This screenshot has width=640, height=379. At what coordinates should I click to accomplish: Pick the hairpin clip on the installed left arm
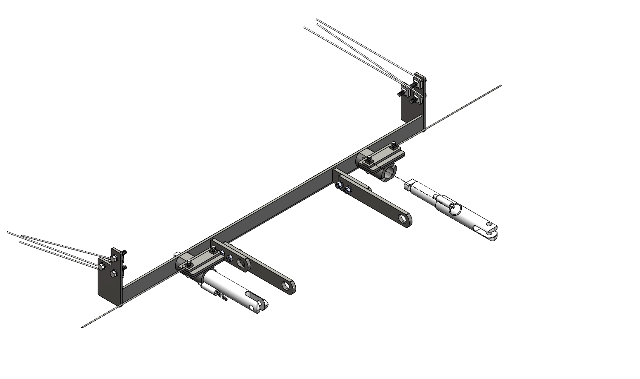coord(222,295)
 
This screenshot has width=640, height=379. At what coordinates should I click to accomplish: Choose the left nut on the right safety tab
coord(339,185)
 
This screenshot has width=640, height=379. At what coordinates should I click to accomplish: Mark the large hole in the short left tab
coord(242,263)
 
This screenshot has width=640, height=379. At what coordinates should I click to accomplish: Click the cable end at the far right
coord(501,86)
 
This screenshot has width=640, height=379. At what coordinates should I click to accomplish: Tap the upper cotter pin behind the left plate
coord(125,255)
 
